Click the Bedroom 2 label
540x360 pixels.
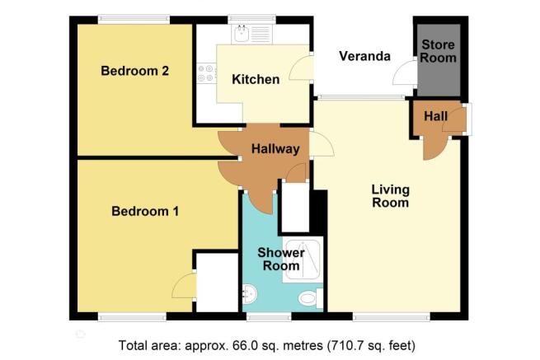click(x=134, y=71)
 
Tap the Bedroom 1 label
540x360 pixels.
click(x=145, y=211)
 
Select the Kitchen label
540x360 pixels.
click(x=256, y=80)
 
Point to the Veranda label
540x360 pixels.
click(x=364, y=56)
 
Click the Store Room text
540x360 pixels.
click(x=438, y=51)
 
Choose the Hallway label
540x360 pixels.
click(x=275, y=149)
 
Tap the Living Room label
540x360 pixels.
click(x=391, y=196)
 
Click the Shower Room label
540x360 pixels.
click(x=281, y=259)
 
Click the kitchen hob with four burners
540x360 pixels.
click(x=206, y=73)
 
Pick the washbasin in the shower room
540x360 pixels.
click(x=249, y=294)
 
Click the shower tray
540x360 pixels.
click(x=303, y=259)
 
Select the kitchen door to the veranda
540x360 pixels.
click(x=302, y=68)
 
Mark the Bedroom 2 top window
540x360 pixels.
click(x=134, y=20)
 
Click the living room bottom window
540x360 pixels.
click(x=392, y=316)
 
